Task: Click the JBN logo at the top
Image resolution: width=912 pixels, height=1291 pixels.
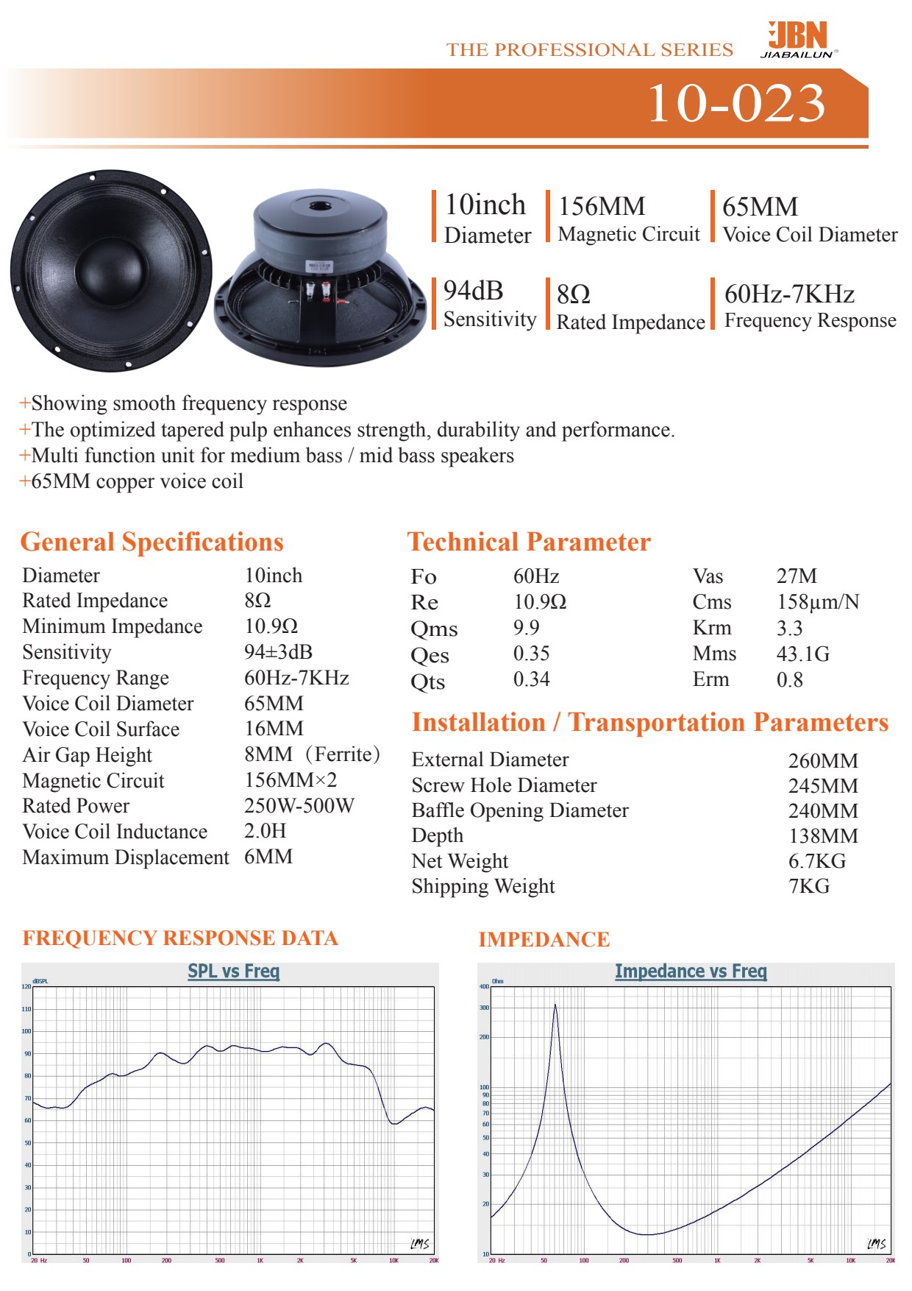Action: point(799,39)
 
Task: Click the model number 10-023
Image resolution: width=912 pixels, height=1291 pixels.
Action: point(735,103)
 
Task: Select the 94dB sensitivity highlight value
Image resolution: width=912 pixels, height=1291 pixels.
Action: point(473,291)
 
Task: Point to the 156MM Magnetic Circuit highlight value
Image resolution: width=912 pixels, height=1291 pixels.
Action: point(602,207)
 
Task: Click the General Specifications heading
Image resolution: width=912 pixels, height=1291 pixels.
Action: point(152,542)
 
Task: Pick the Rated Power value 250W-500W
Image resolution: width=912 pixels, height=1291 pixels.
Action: point(299,806)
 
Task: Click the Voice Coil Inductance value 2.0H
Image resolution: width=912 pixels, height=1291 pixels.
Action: point(265,832)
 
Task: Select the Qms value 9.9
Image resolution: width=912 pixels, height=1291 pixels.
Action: point(526,628)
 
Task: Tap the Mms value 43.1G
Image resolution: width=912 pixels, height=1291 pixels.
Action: point(802,654)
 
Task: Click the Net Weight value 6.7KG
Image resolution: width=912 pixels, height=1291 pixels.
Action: point(816,861)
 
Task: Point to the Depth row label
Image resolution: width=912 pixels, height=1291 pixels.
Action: point(438,836)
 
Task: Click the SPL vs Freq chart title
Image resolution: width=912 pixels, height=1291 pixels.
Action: point(233,972)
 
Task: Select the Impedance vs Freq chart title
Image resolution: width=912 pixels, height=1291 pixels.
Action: point(691,972)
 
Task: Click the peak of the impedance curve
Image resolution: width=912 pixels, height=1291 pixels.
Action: point(555,1005)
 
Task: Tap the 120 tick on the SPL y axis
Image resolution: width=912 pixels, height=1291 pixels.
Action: point(26,987)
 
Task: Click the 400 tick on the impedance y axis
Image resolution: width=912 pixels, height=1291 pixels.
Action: point(484,987)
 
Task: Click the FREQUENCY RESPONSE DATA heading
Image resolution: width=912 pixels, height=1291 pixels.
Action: point(180,938)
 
